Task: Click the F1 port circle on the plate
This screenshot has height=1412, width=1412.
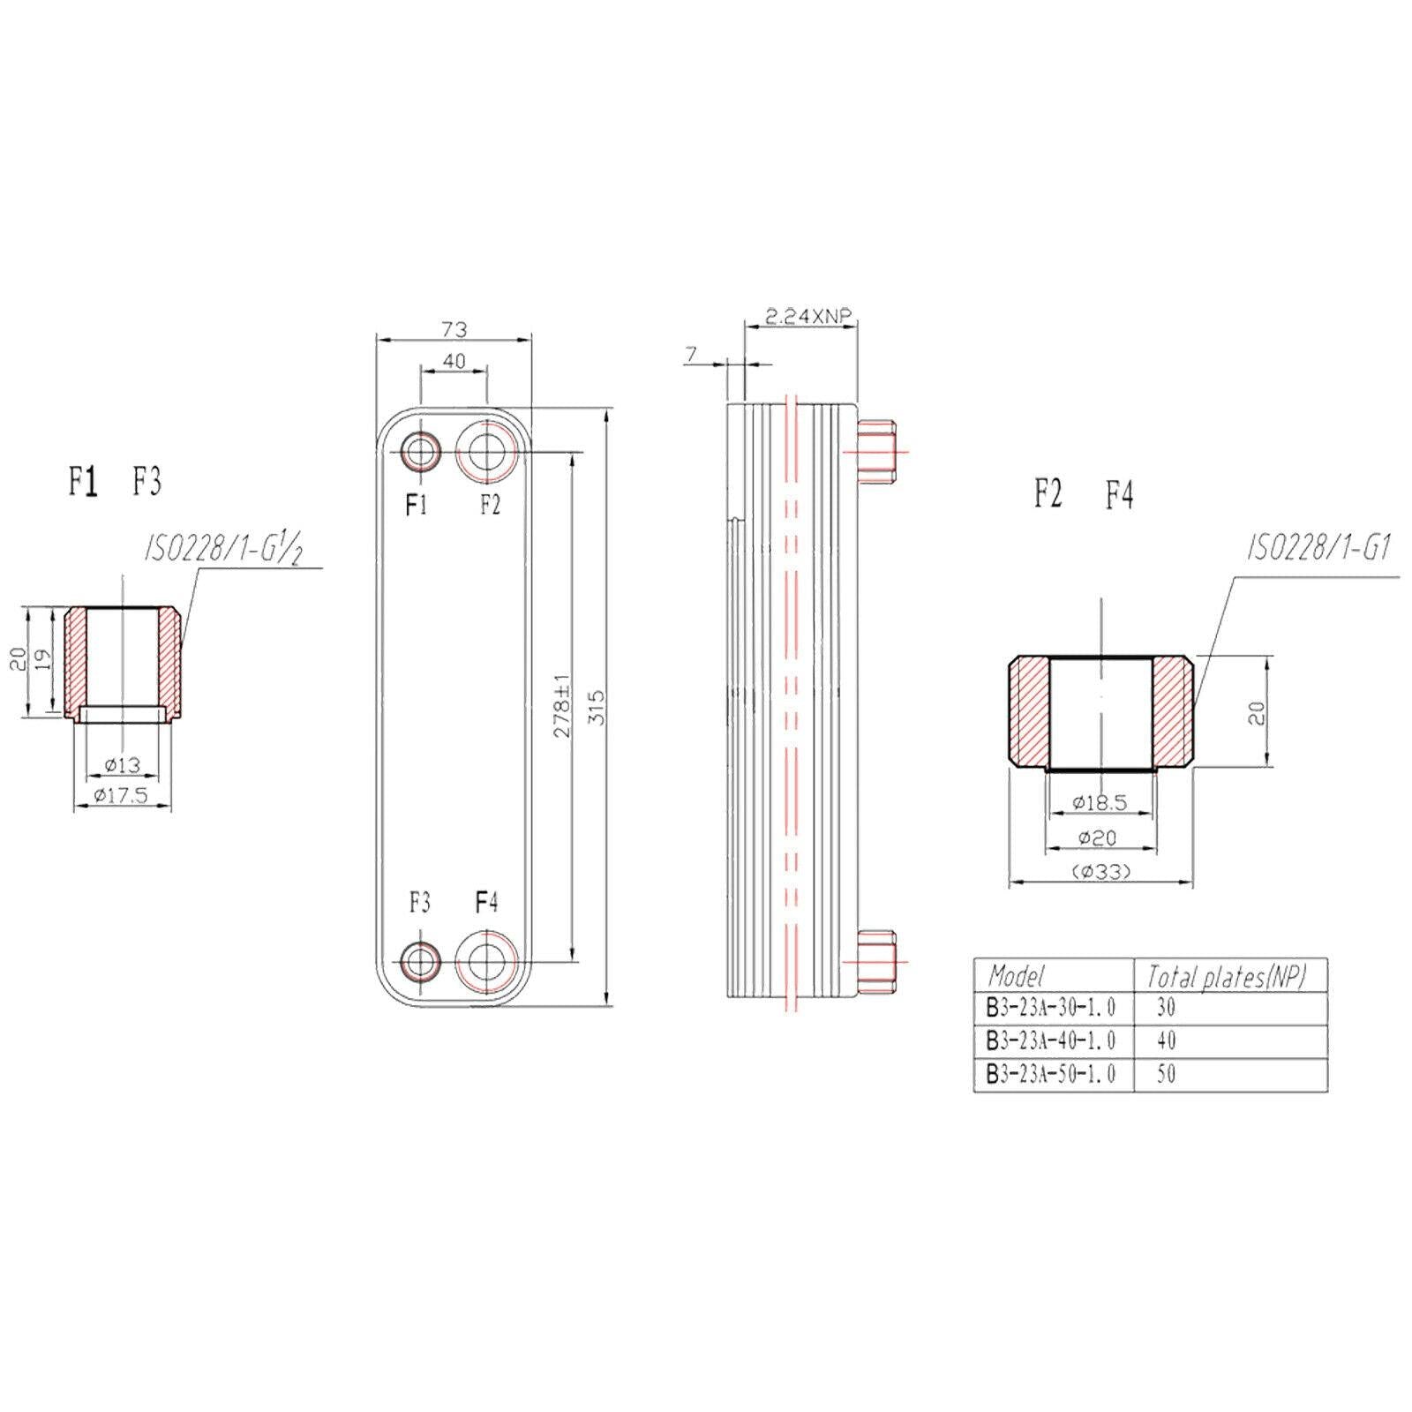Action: point(420,453)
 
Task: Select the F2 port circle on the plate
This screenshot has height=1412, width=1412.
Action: point(486,453)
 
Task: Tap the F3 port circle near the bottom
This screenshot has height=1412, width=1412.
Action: point(420,961)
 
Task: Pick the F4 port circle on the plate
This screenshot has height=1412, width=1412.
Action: point(486,961)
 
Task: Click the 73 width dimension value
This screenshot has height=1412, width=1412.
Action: point(454,329)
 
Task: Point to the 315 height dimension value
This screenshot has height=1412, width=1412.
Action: point(597,707)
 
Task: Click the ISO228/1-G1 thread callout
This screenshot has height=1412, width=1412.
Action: point(1318,550)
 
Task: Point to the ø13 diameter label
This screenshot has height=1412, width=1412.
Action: point(122,765)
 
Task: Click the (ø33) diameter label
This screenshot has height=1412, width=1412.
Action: point(1100,871)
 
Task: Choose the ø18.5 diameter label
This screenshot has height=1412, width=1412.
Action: point(1100,802)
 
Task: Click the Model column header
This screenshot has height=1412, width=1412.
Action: point(1017,975)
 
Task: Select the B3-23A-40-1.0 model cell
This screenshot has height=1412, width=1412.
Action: point(1051,1040)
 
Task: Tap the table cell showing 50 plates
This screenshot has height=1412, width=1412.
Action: point(1166,1074)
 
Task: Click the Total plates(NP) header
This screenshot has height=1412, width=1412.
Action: point(1225,975)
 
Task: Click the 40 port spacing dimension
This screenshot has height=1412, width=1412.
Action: point(454,361)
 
